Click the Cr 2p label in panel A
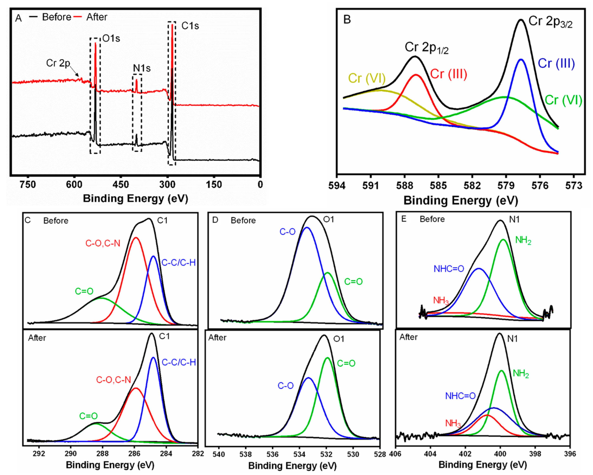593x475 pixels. [x=58, y=63]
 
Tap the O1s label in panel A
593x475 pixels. [x=111, y=38]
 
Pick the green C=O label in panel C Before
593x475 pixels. [x=84, y=291]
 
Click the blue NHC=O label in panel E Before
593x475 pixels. [x=449, y=269]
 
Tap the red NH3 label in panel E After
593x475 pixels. [x=453, y=423]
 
